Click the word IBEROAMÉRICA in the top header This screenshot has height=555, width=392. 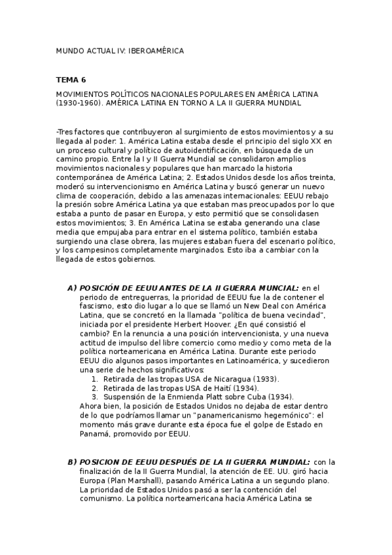(156, 50)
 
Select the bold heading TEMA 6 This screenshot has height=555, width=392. (71, 80)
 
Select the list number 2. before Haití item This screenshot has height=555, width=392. (95, 388)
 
